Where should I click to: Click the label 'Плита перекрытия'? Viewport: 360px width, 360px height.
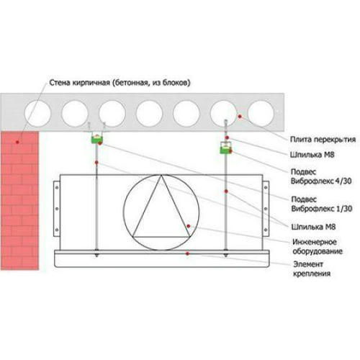click(x=323, y=140)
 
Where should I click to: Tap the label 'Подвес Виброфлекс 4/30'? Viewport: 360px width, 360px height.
click(x=321, y=176)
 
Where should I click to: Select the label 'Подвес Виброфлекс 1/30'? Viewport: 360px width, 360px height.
click(x=322, y=204)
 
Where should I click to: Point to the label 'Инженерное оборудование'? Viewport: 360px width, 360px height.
click(x=318, y=246)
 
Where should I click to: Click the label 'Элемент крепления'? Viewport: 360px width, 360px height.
click(x=312, y=269)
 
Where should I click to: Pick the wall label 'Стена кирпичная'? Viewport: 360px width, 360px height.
click(x=80, y=83)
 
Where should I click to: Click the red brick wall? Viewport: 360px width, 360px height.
click(x=19, y=200)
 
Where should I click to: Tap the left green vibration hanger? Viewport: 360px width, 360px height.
click(x=97, y=139)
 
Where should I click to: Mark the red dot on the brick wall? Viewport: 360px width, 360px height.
click(x=17, y=142)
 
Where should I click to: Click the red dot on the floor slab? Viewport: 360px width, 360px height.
click(x=240, y=117)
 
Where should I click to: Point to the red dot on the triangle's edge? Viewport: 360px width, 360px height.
click(x=189, y=226)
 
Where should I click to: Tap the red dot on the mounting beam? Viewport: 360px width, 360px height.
click(x=187, y=253)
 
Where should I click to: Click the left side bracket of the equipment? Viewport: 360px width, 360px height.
click(x=57, y=209)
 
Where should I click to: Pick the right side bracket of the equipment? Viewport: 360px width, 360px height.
click(x=266, y=209)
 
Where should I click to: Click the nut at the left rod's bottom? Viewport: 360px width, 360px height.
click(x=96, y=254)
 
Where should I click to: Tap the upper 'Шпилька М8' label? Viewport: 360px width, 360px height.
click(x=312, y=155)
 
